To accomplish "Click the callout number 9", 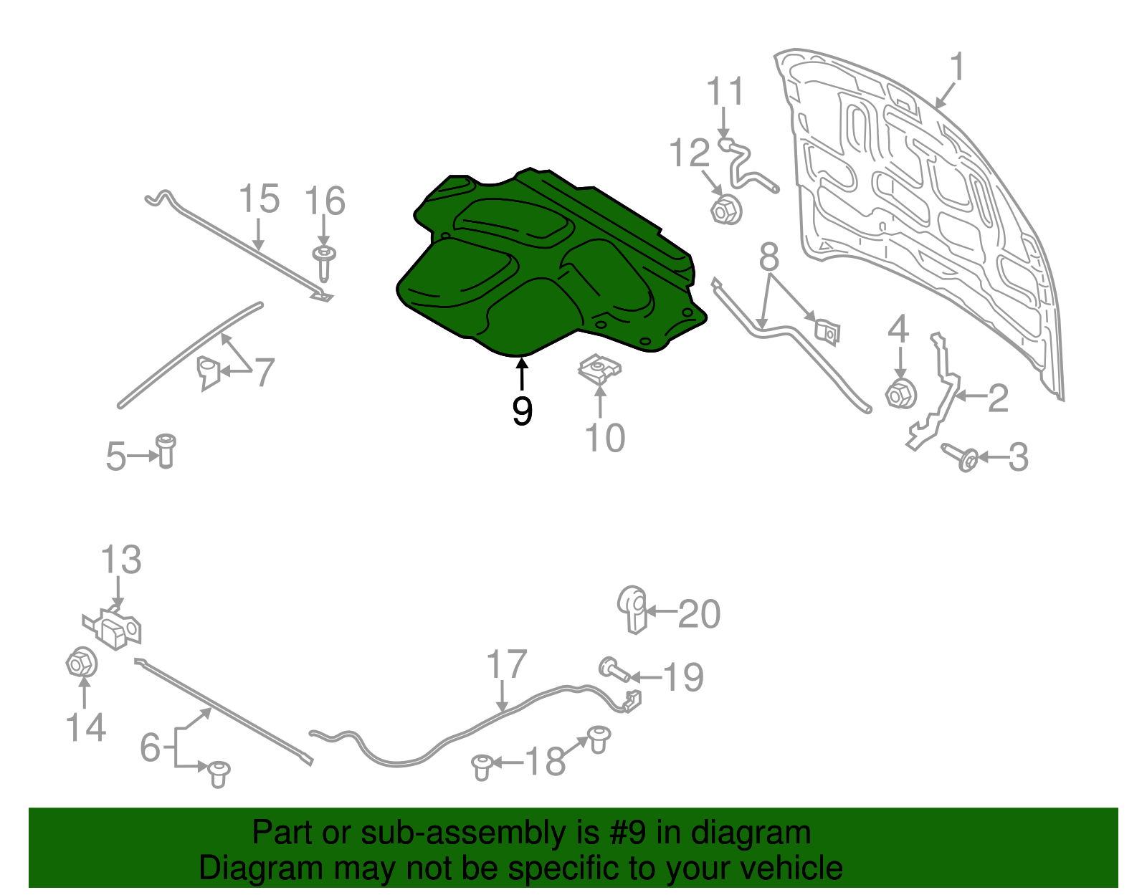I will click(x=522, y=411).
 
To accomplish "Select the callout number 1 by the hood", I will click(x=957, y=68).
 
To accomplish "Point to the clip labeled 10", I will click(x=600, y=370).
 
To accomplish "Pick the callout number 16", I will click(x=325, y=201).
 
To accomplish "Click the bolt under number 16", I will click(x=325, y=262).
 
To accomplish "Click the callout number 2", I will click(x=997, y=398).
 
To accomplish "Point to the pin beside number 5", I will click(x=166, y=450).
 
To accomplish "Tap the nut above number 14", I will click(x=80, y=663).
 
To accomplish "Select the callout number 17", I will click(x=506, y=665).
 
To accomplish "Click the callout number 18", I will click(x=546, y=762).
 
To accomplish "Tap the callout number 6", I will click(x=150, y=747).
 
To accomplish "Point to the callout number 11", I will click(x=725, y=92).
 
